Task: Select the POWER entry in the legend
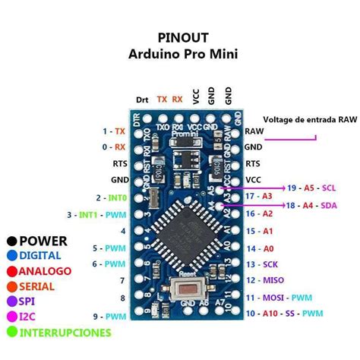pyautogui.click(x=43, y=241)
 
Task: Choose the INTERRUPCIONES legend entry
pyautogui.click(x=65, y=332)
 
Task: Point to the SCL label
pyautogui.click(x=329, y=187)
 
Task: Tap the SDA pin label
pyautogui.click(x=329, y=205)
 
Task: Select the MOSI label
pyautogui.click(x=274, y=298)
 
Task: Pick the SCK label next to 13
pyautogui.click(x=271, y=264)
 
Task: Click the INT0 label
pyautogui.click(x=117, y=197)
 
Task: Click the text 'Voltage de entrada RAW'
pyautogui.click(x=310, y=120)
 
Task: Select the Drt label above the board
pyautogui.click(x=142, y=99)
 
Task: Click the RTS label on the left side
pyautogui.click(x=120, y=163)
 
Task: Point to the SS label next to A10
pyautogui.click(x=292, y=314)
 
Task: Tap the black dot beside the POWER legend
pyautogui.click(x=11, y=241)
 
